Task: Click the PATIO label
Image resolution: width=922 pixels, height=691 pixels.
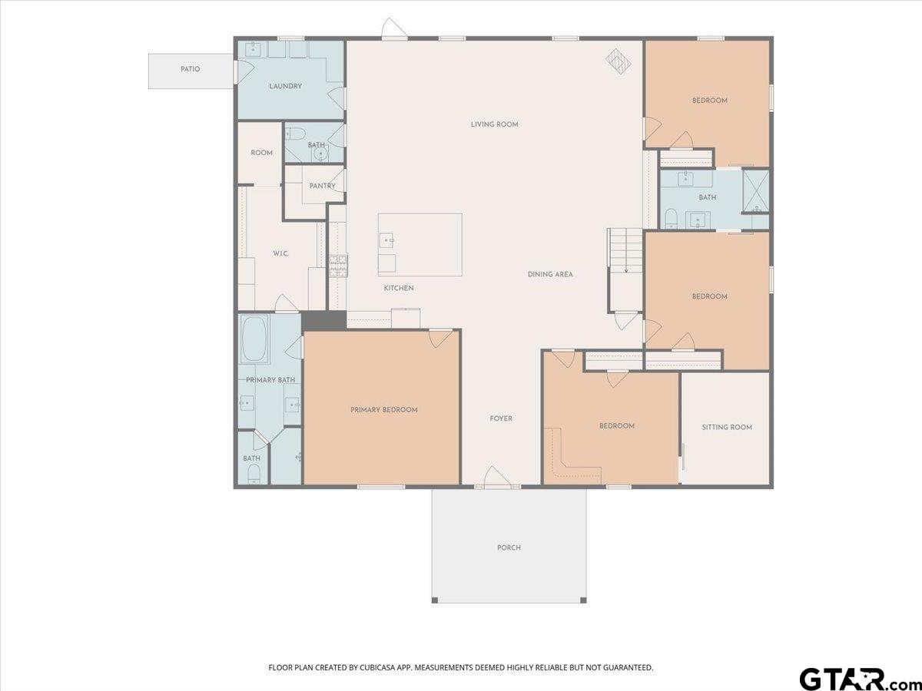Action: pyautogui.click(x=191, y=69)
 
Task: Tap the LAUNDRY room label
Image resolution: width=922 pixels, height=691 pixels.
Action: pyautogui.click(x=286, y=86)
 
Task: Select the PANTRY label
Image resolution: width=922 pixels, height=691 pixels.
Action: pyautogui.click(x=323, y=186)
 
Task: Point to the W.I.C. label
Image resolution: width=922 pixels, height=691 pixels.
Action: pyautogui.click(x=280, y=253)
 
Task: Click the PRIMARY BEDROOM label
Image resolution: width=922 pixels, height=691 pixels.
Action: pyautogui.click(x=384, y=410)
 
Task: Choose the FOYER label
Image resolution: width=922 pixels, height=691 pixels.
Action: pyautogui.click(x=501, y=418)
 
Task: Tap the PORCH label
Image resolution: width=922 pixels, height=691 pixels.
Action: pyautogui.click(x=509, y=547)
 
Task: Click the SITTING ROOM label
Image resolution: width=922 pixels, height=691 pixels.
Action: pyautogui.click(x=727, y=427)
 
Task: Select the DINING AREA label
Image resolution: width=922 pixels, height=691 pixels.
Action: pyautogui.click(x=550, y=274)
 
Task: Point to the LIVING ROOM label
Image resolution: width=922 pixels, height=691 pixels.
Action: pyautogui.click(x=494, y=124)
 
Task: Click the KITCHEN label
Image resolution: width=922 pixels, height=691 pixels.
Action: pyautogui.click(x=399, y=288)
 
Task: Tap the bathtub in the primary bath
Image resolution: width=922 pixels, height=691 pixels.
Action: pyautogui.click(x=254, y=339)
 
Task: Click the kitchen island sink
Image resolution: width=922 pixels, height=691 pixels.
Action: pyautogui.click(x=386, y=240)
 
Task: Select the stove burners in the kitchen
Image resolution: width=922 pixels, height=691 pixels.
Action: pyautogui.click(x=338, y=266)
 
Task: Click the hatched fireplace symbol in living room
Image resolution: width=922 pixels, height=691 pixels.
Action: pyautogui.click(x=619, y=61)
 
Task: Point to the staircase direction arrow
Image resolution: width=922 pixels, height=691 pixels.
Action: pyautogui.click(x=626, y=258)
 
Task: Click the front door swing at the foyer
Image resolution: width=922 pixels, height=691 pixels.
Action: pyautogui.click(x=497, y=478)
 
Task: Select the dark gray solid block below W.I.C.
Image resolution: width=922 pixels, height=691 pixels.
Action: pyautogui.click(x=324, y=320)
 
